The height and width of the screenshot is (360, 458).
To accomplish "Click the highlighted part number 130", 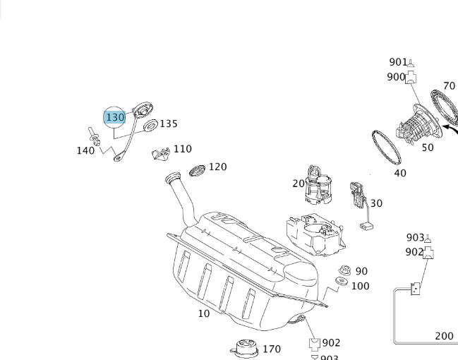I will tap(114, 117).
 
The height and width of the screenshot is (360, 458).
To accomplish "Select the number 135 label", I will tap(169, 124).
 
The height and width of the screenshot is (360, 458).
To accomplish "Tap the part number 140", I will tap(85, 150).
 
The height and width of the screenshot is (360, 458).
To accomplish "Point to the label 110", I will tap(182, 149).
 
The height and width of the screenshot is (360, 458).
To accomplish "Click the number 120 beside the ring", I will tap(217, 167).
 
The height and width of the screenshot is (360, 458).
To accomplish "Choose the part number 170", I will tap(271, 349).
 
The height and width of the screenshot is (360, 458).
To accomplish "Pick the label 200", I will tap(444, 336).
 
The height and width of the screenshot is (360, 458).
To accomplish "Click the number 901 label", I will tap(399, 62).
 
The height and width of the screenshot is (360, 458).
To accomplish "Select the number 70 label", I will tap(449, 86).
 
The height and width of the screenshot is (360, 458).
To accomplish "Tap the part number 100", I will tap(360, 286).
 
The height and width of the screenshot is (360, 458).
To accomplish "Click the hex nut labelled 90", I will tap(344, 270).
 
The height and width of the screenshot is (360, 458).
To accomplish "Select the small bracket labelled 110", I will tap(161, 152).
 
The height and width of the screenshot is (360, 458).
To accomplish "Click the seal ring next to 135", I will tap(150, 126).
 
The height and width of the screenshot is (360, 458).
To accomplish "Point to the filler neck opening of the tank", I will tap(172, 178).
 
